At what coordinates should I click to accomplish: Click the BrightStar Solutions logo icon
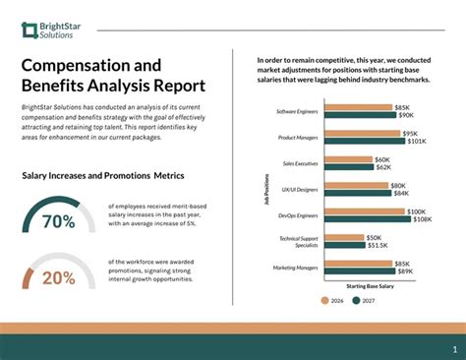[29, 29]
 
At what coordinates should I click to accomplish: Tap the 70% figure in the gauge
[58, 221]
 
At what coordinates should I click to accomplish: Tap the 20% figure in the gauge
[58, 278]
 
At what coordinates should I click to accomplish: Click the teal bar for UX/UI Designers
[357, 193]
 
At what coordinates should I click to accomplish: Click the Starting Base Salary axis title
[370, 285]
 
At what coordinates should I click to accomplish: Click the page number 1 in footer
[453, 348]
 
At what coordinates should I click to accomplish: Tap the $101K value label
[416, 142]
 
